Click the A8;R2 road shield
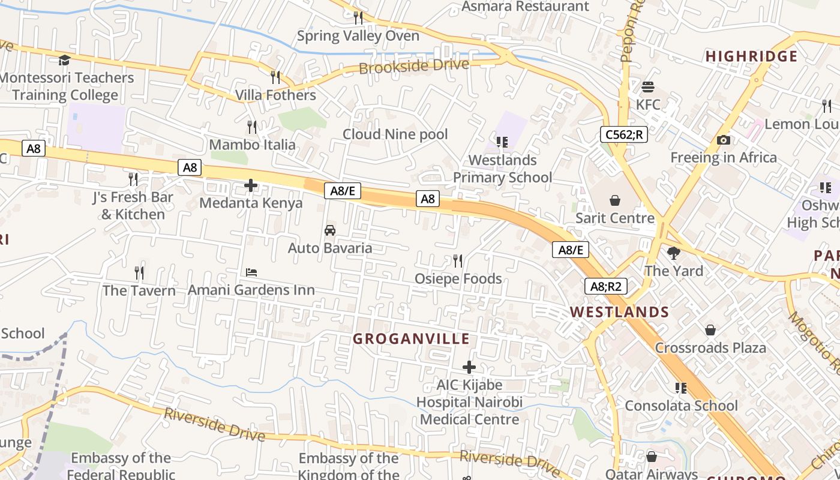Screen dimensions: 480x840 tap(606, 286)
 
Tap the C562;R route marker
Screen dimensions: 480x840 tap(624, 134)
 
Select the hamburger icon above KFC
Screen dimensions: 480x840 tap(647, 87)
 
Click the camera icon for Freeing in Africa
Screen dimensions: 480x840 tap(724, 140)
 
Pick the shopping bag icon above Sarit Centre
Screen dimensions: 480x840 tap(614, 200)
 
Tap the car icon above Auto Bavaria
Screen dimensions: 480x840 tap(329, 230)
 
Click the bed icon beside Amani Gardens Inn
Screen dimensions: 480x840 tap(251, 272)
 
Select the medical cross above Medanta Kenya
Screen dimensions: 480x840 tap(251, 185)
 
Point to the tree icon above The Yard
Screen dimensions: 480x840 tap(673, 253)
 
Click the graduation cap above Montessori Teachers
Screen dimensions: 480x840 tap(64, 60)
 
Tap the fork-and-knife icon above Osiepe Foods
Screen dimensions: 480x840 tap(458, 261)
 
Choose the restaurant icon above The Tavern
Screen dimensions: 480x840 tap(139, 273)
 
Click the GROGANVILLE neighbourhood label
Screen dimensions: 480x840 tap(411, 339)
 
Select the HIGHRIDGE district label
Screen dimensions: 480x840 tap(751, 56)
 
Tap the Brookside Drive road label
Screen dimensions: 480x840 tap(413, 65)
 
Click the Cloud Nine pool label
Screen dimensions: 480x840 tap(395, 134)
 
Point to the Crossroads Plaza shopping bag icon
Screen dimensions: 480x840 tap(710, 330)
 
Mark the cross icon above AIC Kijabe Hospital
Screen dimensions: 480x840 tap(469, 367)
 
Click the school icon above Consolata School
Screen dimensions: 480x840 tap(680, 388)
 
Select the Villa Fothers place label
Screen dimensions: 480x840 tap(275, 95)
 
